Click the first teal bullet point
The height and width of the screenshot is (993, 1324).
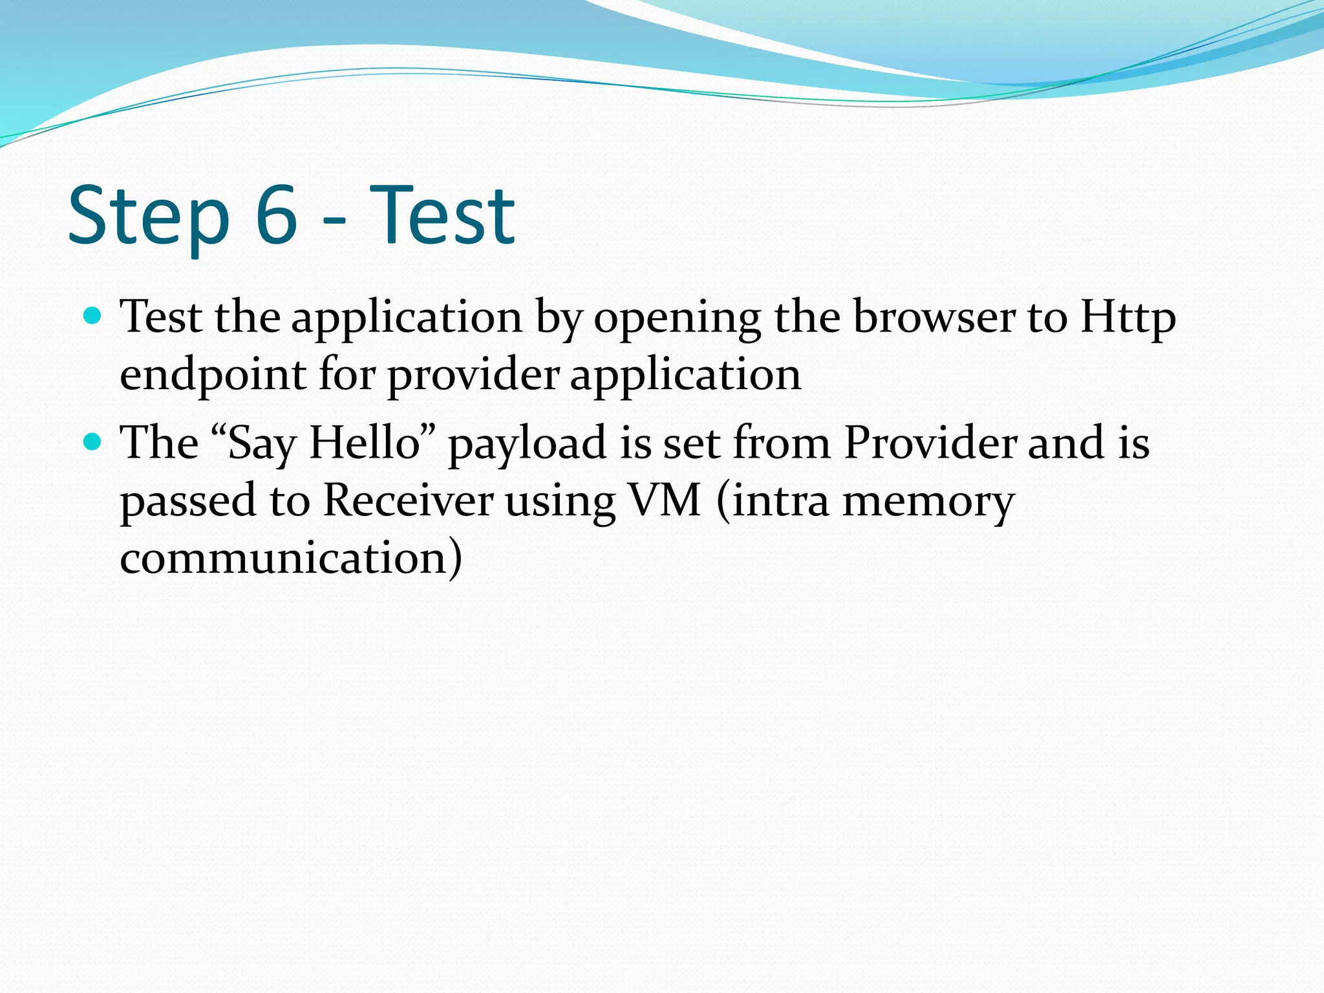(x=93, y=316)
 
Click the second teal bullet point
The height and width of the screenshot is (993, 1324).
(x=93, y=442)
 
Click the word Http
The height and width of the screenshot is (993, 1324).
(x=1127, y=318)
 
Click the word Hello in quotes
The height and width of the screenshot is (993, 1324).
(x=365, y=443)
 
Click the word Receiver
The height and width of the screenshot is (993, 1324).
(x=407, y=500)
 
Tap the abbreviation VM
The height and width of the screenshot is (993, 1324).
(x=665, y=500)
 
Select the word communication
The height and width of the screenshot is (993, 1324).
(x=284, y=557)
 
